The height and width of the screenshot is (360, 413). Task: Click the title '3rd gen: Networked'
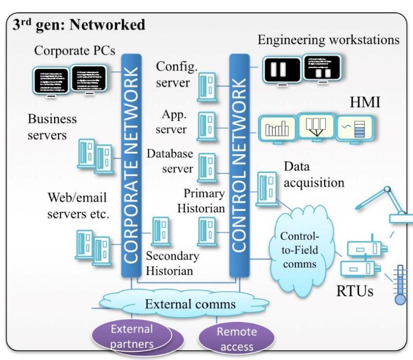pyautogui.click(x=79, y=24)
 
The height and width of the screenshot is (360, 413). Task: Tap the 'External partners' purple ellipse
pyautogui.click(x=133, y=335)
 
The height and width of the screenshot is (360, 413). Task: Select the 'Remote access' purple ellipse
pyautogui.click(x=236, y=338)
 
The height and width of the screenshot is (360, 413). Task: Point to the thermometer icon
pyautogui.click(x=400, y=285)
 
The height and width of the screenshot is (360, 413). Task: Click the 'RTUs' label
pyautogui.click(x=354, y=292)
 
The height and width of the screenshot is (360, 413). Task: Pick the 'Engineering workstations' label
pyautogui.click(x=328, y=39)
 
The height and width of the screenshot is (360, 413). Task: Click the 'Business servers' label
pyautogui.click(x=52, y=127)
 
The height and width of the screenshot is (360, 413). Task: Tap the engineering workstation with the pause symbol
pyautogui.click(x=280, y=70)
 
